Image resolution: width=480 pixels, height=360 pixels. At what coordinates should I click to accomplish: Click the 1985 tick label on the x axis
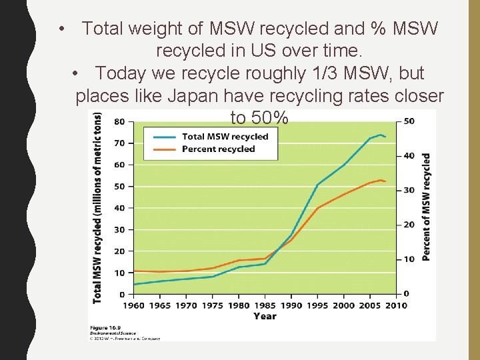(x=265, y=305)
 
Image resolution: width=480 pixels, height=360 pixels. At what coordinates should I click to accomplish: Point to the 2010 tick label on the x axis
(x=396, y=305)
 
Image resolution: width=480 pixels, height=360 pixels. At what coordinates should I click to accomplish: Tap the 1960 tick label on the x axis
(x=134, y=305)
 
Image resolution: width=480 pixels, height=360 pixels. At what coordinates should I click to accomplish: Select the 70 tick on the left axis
(x=119, y=143)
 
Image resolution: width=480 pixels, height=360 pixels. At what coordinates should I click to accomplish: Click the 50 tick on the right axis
(x=409, y=121)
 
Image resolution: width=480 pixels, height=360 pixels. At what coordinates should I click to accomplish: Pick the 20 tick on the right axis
(x=409, y=225)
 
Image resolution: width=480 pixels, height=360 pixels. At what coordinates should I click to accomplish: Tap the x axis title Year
(x=265, y=316)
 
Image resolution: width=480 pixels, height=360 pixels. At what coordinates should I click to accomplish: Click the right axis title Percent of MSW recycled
(x=426, y=207)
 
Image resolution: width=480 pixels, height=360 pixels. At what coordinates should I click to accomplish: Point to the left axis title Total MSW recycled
(x=98, y=207)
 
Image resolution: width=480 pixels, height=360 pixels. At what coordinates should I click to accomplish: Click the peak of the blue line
(x=380, y=135)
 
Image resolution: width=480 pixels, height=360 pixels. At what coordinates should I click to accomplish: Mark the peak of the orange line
(x=381, y=180)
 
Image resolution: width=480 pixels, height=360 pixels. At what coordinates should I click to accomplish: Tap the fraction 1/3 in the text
(x=320, y=73)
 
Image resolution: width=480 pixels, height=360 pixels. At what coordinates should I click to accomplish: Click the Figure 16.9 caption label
(x=106, y=328)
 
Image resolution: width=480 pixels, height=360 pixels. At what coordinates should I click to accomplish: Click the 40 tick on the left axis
(x=119, y=208)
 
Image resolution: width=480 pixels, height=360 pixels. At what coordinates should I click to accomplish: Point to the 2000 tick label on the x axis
(x=344, y=305)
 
